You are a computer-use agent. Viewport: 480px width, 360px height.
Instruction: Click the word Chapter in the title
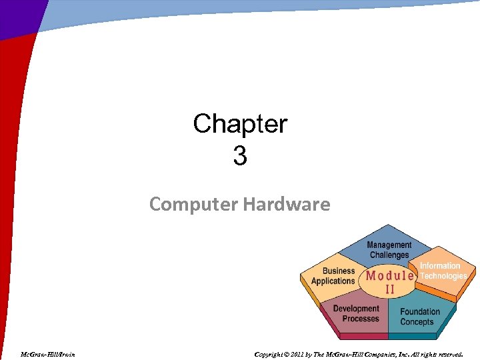pyautogui.click(x=240, y=124)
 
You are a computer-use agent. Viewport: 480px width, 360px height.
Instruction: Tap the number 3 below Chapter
pyautogui.click(x=240, y=157)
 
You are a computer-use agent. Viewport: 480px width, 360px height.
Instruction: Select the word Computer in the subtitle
pyautogui.click(x=193, y=204)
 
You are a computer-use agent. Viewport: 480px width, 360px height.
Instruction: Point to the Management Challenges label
pyautogui.click(x=389, y=250)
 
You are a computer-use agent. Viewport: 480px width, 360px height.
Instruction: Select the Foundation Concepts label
pyautogui.click(x=420, y=317)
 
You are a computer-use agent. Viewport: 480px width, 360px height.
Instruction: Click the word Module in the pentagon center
pyautogui.click(x=390, y=276)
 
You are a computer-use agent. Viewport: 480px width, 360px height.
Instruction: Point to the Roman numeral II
pyautogui.click(x=390, y=290)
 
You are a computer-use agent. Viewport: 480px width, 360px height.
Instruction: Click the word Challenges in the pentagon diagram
pyautogui.click(x=389, y=255)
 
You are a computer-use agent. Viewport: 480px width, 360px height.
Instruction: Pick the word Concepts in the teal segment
pyautogui.click(x=417, y=322)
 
